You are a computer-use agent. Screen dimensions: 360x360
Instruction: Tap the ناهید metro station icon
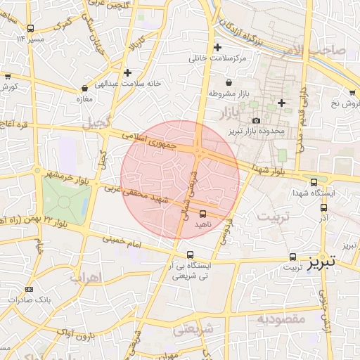click(x=203, y=213)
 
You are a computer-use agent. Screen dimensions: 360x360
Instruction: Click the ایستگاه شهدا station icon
click(x=314, y=181)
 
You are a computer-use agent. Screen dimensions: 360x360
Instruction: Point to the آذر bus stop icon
click(x=323, y=207)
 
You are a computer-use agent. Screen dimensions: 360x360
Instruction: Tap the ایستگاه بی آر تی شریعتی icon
click(x=191, y=254)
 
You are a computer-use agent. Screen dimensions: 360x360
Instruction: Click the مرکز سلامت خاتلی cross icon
click(x=218, y=48)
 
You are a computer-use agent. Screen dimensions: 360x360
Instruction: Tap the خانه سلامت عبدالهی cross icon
click(x=127, y=72)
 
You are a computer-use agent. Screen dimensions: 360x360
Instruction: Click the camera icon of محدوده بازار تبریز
click(x=255, y=121)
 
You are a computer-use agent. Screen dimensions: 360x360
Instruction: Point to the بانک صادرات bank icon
click(x=29, y=290)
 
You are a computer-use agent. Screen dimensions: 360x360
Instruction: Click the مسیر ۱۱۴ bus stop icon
click(x=30, y=29)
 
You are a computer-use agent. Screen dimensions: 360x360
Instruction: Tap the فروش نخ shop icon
click(x=352, y=92)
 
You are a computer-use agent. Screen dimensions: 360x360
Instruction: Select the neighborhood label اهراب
click(x=86, y=277)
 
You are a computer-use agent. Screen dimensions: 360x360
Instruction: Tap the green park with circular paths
click(x=65, y=200)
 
